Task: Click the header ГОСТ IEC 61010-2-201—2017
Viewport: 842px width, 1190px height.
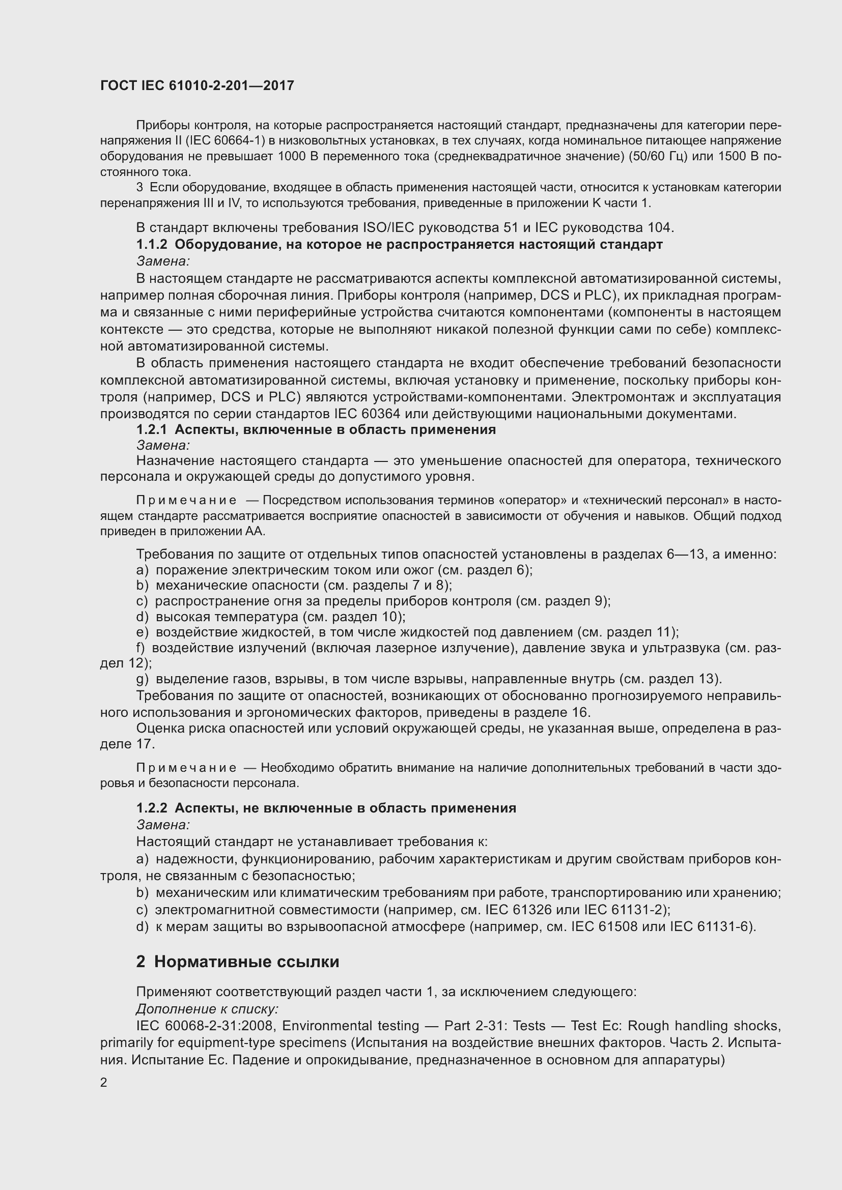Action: coord(197,85)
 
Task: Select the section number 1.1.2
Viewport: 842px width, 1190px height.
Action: coord(151,245)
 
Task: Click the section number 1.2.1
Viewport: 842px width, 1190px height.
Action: coord(151,430)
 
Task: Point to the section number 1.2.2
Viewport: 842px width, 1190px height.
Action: coord(151,808)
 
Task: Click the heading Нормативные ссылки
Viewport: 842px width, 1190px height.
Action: coord(246,962)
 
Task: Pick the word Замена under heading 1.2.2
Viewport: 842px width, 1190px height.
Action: coord(163,825)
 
